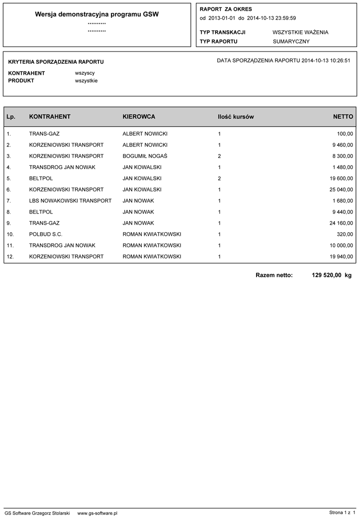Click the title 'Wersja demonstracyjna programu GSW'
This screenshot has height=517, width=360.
pos(97,15)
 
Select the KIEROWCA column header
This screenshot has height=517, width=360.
pos(139,117)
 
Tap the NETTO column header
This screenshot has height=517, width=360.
pos(343,117)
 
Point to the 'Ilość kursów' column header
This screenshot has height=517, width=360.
pos(236,117)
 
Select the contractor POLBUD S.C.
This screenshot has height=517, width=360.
pos(46,234)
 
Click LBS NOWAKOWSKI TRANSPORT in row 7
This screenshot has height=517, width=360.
pos(70,201)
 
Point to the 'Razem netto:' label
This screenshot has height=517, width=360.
pos(274,275)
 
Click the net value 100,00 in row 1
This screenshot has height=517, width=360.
pos(345,134)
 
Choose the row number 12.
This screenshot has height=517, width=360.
pos(10,256)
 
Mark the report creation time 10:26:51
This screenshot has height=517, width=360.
pos(340,61)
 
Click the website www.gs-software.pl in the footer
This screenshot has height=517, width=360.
pos(97,513)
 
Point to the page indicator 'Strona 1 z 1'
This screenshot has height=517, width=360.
pos(342,513)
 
